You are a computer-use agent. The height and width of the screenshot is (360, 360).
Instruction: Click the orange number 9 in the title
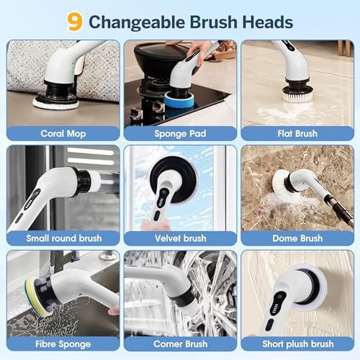75,22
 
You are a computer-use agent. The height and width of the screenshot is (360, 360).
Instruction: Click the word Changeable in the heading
137,22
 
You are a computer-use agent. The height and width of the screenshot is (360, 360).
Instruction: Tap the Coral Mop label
63,133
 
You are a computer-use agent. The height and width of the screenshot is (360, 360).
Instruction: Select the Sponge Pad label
180,133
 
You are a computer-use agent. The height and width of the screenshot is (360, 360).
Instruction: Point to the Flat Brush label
297,133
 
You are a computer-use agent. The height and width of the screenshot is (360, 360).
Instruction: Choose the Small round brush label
64,238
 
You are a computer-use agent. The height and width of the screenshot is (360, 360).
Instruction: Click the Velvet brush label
181,238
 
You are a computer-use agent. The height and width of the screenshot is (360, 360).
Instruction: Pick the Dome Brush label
297,238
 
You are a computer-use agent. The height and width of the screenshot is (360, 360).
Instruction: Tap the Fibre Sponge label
63,344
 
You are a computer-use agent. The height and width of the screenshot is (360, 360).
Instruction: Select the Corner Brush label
180,344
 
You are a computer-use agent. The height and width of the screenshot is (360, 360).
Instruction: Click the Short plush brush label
298,344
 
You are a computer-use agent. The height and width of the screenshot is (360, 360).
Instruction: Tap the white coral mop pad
55,103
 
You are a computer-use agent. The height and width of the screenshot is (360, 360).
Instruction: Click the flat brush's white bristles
297,96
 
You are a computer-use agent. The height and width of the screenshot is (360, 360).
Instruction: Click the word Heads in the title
268,22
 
